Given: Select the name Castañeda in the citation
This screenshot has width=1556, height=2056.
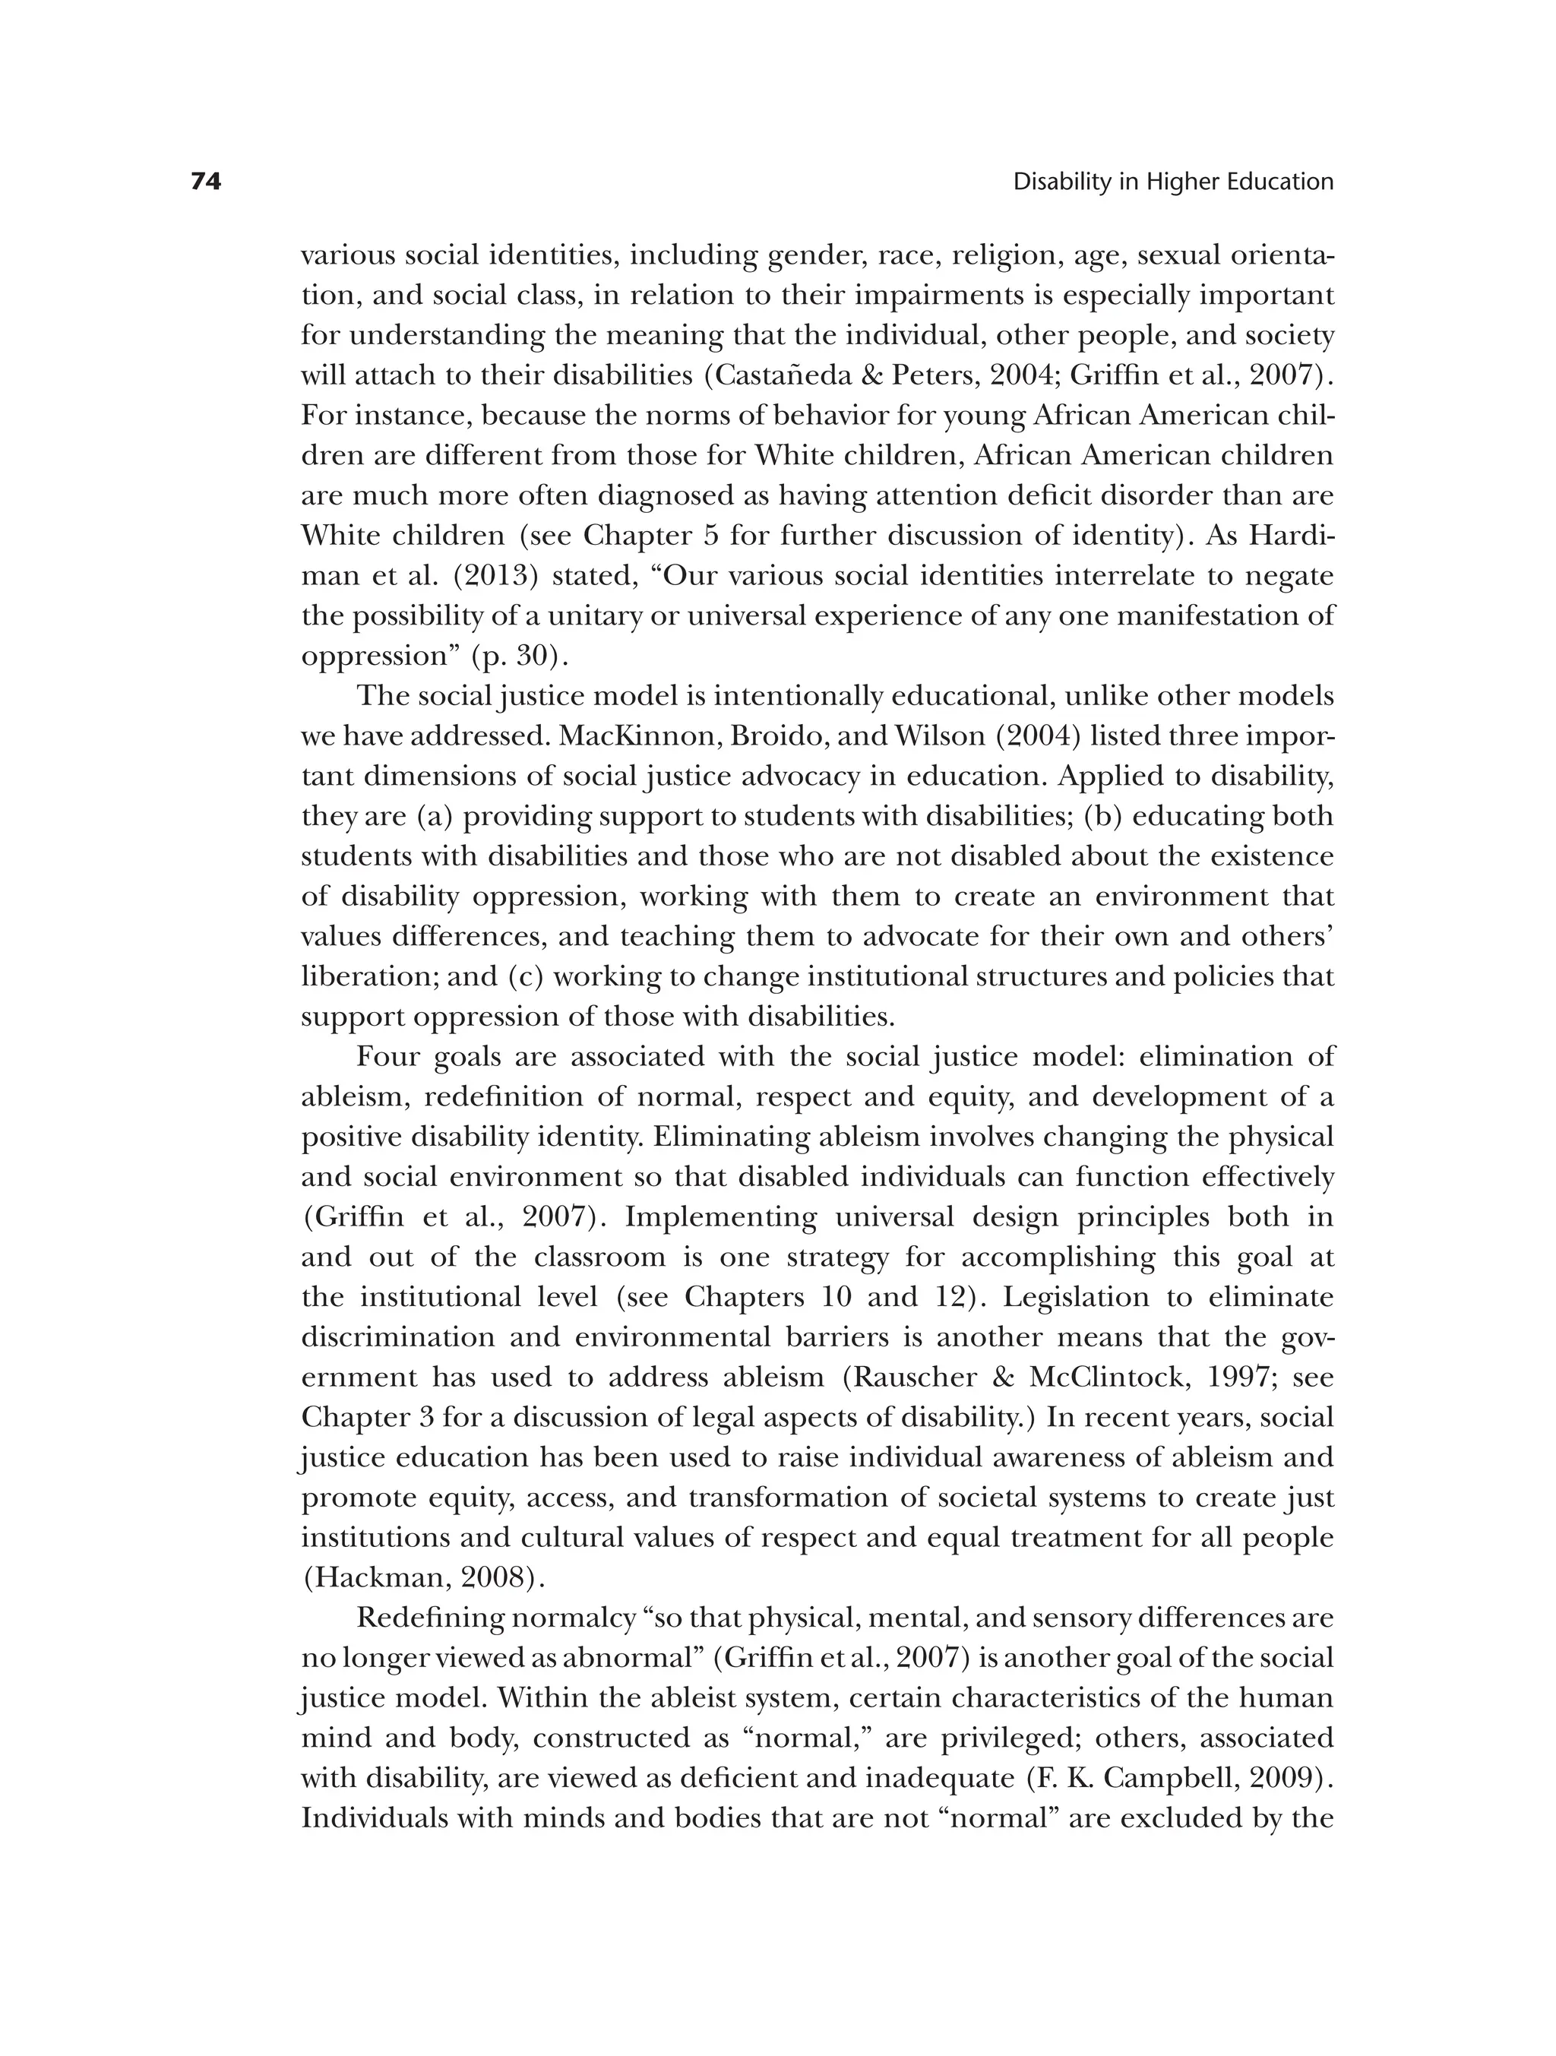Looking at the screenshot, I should (787, 375).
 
